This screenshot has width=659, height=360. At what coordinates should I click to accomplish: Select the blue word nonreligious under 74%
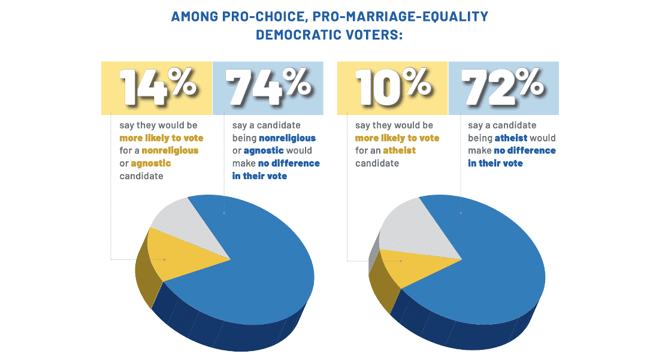[287, 138]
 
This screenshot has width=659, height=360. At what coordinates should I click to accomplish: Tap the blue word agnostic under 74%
[263, 150]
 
